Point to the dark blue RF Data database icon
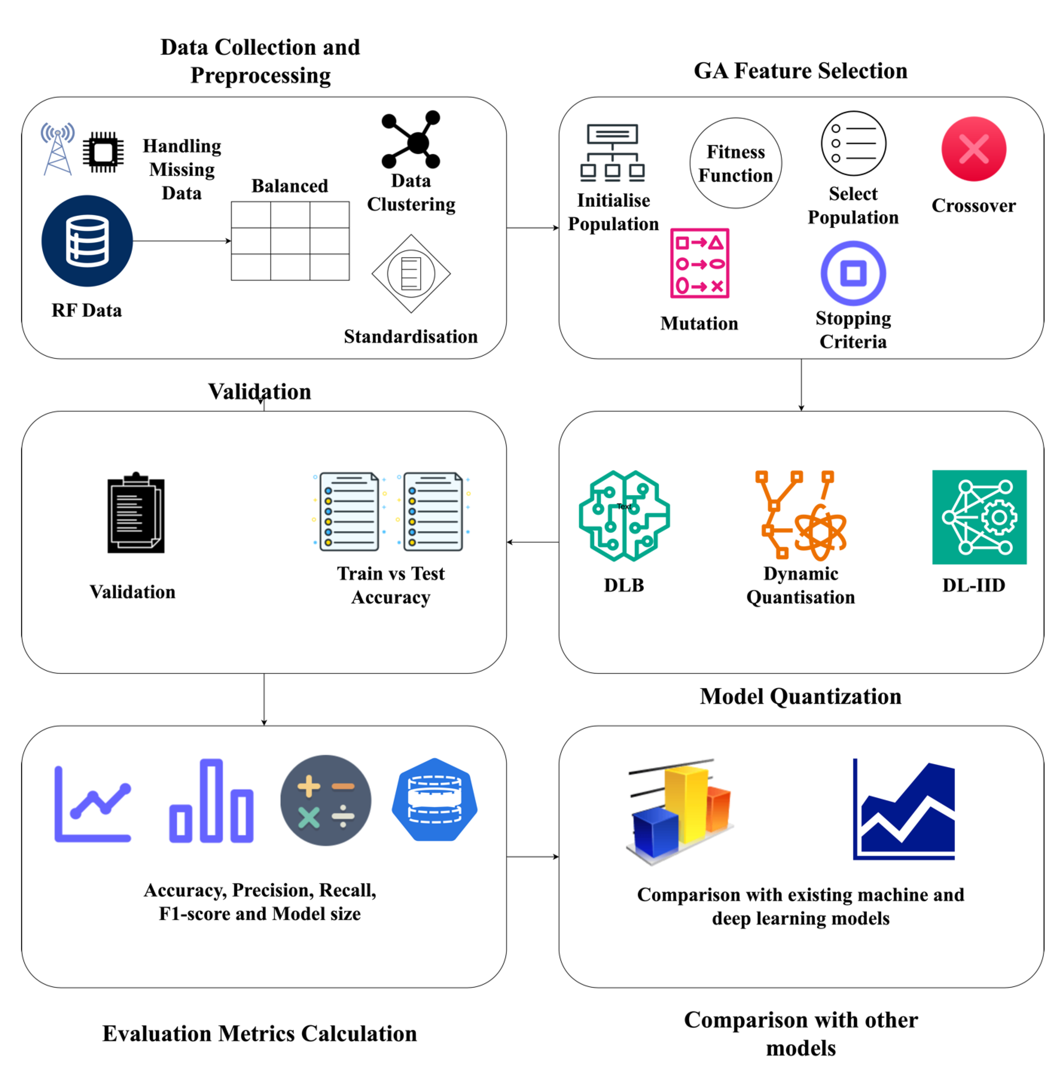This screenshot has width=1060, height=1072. [x=87, y=241]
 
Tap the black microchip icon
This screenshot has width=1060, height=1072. [x=103, y=152]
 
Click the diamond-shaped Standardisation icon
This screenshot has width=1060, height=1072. [x=411, y=274]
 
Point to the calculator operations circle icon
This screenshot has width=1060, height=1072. [x=325, y=800]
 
